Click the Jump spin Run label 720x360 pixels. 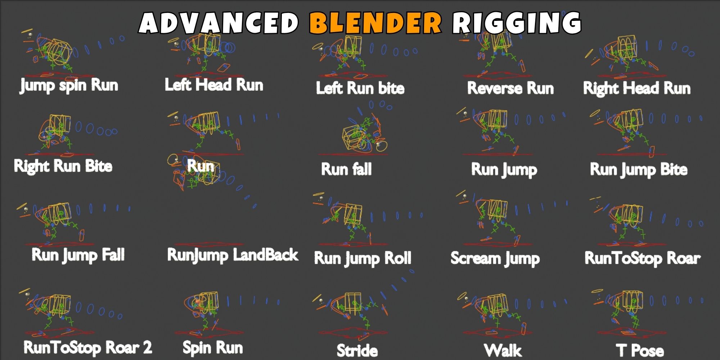(x=69, y=86)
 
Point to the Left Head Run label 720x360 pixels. (x=214, y=85)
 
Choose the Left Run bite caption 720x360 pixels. (x=360, y=88)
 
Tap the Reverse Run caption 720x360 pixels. (x=510, y=88)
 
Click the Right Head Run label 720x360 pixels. (x=637, y=89)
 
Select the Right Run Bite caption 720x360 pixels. (x=63, y=166)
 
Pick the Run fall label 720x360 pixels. (x=346, y=169)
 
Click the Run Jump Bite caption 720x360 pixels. (x=639, y=170)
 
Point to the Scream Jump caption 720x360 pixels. (x=495, y=258)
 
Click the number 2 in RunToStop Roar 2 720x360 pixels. (x=147, y=347)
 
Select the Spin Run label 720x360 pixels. (x=213, y=348)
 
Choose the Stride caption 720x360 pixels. (x=357, y=351)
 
